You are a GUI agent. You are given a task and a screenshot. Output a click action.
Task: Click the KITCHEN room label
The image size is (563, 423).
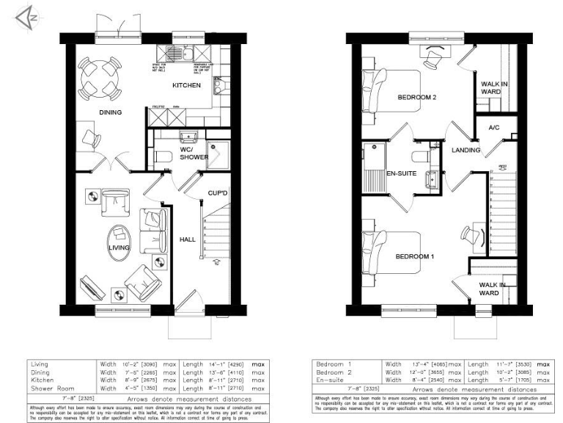coord(186,86)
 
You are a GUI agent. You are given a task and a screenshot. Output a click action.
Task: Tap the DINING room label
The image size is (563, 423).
coord(110,112)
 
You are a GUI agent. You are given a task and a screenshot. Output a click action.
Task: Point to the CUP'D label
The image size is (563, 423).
coord(217,193)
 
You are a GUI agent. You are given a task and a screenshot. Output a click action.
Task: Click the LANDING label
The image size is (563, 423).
coord(466,151)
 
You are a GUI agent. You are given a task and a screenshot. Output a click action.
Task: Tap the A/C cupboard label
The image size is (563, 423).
coord(493,128)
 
